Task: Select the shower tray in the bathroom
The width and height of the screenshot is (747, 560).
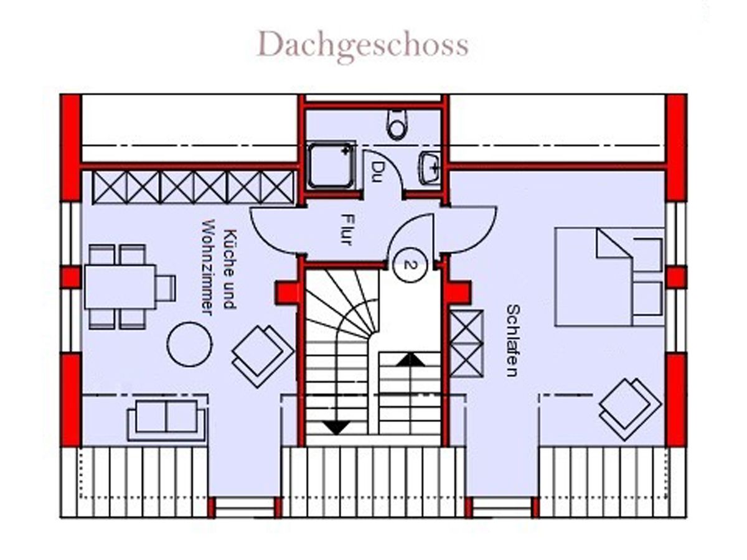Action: click(331, 165)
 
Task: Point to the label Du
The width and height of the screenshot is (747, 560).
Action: click(378, 168)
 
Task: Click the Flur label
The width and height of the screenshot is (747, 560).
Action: click(347, 229)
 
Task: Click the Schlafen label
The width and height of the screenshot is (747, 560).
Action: click(512, 340)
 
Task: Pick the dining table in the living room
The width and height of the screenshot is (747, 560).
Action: click(120, 287)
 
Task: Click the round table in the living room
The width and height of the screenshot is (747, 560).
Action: click(189, 344)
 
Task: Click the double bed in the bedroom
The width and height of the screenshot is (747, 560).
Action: click(609, 277)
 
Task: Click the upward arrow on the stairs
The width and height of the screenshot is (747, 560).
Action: click(410, 359)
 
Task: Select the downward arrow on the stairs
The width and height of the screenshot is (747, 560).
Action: click(337, 427)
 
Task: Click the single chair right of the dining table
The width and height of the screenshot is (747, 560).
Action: click(166, 287)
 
